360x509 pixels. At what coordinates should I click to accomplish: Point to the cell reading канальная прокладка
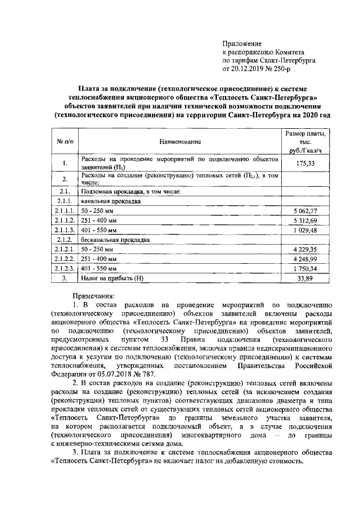coord(109,200)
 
